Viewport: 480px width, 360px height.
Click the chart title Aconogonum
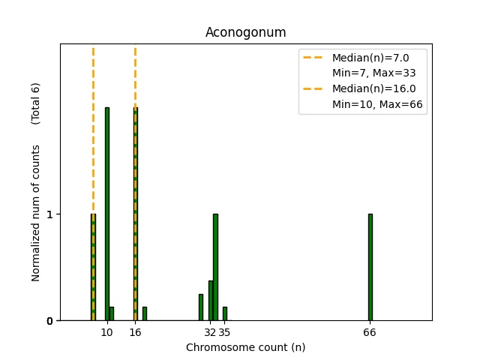pos(245,32)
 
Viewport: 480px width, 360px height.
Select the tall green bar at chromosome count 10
pos(107,214)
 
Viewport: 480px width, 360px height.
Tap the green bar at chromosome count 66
pos(370,267)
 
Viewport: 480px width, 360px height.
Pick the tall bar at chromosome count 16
pos(135,214)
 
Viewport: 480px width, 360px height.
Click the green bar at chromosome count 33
pos(215,267)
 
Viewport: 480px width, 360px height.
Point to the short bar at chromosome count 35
pos(224,313)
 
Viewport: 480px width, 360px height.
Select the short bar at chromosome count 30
pos(201,307)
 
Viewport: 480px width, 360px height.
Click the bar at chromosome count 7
pos(93,267)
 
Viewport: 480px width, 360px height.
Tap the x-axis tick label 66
pos(370,332)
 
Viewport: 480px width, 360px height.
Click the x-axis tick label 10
pos(107,332)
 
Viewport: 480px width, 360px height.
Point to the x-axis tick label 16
pos(135,332)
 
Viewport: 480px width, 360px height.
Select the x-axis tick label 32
pos(210,332)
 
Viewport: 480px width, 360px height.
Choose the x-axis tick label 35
pos(225,332)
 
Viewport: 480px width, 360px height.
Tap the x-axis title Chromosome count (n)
pos(245,347)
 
